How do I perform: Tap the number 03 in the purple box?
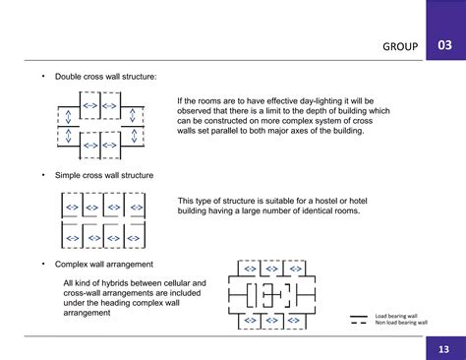(445, 46)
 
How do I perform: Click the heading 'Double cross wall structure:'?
(105, 76)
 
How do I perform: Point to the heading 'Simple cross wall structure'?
(104, 174)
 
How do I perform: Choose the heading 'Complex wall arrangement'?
(103, 264)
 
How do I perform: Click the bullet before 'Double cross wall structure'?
(42, 76)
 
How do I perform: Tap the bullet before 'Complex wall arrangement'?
(42, 264)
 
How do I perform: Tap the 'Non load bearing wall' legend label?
(401, 323)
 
